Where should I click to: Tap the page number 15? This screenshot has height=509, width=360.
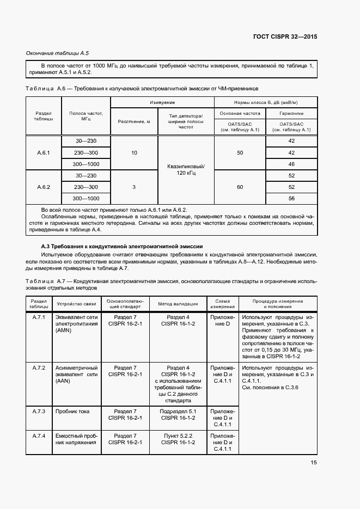click(314, 462)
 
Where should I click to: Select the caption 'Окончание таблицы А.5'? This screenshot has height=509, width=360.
click(58, 53)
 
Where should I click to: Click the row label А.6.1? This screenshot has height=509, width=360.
click(44, 153)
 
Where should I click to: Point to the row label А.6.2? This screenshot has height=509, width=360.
click(44, 187)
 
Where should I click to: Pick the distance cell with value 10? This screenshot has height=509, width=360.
click(134, 153)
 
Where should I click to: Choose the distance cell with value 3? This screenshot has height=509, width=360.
click(134, 187)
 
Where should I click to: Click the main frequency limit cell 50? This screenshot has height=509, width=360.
click(240, 153)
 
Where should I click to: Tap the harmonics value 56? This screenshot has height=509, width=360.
click(291, 198)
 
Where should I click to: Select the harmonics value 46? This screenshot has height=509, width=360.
click(291, 164)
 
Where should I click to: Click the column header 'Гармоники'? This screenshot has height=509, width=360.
click(291, 114)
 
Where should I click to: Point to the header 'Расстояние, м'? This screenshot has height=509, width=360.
click(134, 121)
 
